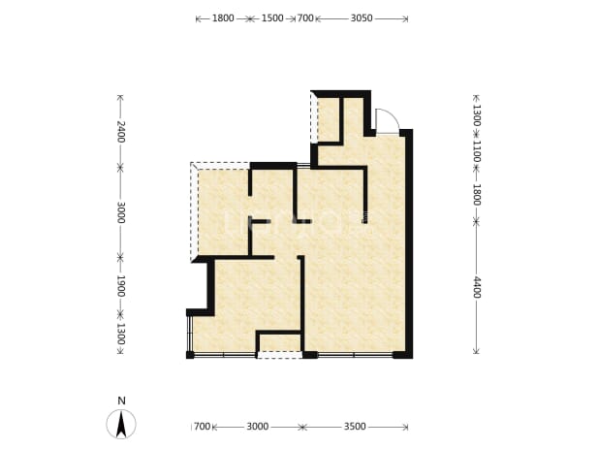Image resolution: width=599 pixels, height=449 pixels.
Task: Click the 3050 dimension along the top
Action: (362, 18)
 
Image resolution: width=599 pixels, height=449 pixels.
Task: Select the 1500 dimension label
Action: (272, 18)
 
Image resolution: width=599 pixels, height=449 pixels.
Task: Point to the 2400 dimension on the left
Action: (121, 131)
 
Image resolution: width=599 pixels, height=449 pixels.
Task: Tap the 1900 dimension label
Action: (121, 286)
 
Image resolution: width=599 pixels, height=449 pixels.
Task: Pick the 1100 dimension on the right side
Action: (477, 151)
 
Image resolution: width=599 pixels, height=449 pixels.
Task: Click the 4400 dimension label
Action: (477, 287)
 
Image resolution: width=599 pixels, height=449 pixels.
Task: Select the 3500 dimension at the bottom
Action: (355, 426)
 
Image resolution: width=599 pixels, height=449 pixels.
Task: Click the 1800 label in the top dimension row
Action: (223, 18)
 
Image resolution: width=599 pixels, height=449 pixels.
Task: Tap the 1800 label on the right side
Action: (477, 195)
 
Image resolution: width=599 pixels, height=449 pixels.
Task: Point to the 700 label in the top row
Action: (305, 18)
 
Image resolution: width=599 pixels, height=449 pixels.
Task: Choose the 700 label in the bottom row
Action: (202, 426)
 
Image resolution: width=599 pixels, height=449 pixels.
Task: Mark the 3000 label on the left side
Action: (121, 212)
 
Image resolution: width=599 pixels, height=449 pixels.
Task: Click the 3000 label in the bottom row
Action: (258, 426)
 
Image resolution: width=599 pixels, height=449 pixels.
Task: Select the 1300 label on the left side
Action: (121, 334)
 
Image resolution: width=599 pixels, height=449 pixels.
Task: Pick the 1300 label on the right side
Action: (477, 115)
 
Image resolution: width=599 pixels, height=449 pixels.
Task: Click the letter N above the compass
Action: (121, 401)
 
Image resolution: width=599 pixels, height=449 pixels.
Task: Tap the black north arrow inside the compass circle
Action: (121, 424)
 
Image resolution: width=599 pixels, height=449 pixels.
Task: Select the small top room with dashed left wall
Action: (329, 119)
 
